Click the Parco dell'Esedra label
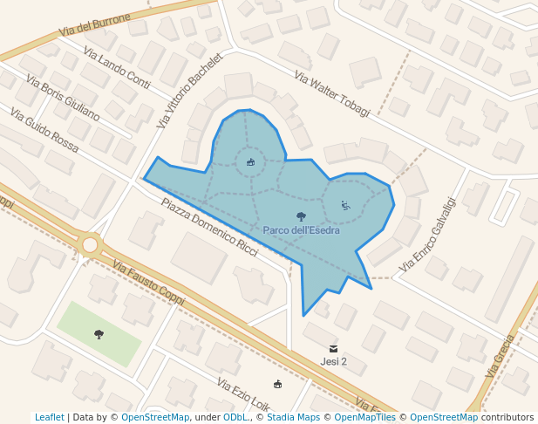click(301, 230)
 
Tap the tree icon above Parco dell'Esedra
click(301, 216)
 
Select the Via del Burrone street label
click(95, 24)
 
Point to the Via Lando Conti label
click(117, 66)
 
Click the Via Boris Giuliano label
click(63, 97)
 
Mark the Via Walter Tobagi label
click(332, 94)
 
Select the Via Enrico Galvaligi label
click(427, 233)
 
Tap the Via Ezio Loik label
click(243, 397)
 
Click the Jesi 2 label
click(334, 361)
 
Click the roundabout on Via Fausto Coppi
click(90, 243)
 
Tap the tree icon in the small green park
click(99, 333)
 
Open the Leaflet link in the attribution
click(50, 417)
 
